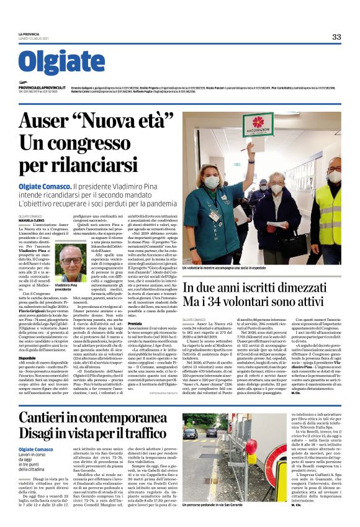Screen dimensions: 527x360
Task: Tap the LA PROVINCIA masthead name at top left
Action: pos(29,34)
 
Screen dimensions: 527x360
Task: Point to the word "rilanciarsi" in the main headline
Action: pos(88,166)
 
